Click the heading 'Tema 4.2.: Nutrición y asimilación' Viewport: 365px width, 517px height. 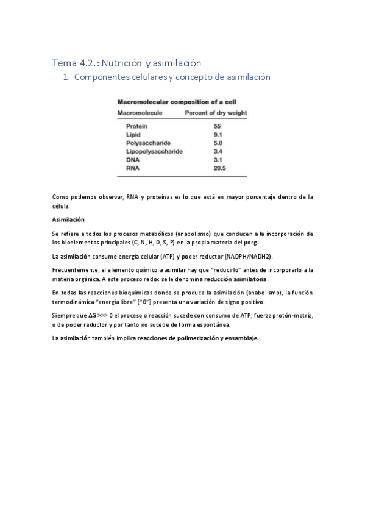point(127,62)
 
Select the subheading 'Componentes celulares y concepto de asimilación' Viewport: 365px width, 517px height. point(172,77)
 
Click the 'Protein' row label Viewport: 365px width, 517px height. point(136,126)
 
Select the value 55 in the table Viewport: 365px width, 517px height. point(217,126)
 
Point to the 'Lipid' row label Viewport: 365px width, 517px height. point(133,134)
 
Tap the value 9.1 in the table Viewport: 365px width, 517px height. point(218,134)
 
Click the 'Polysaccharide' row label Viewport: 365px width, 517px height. point(147,143)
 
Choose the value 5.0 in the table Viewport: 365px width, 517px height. point(218,143)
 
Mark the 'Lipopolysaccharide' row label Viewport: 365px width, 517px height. point(154,151)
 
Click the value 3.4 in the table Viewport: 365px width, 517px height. point(218,151)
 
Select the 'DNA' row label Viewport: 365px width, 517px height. point(132,159)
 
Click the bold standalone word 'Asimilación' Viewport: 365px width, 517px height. point(68,219)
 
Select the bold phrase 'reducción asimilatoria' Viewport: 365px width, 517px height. point(235,279)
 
